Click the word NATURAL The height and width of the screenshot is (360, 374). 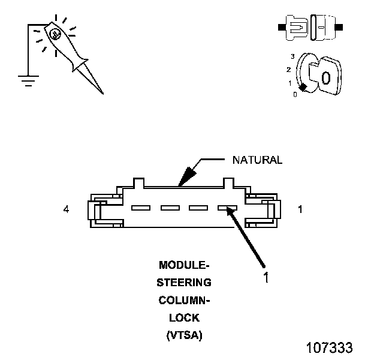[x=257, y=160]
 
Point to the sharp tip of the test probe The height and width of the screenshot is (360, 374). [x=102, y=92]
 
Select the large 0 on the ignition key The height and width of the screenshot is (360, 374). [x=325, y=77]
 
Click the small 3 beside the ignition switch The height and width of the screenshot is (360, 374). [x=292, y=56]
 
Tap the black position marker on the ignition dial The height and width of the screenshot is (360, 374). [x=303, y=88]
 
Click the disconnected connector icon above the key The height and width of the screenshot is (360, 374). [x=310, y=28]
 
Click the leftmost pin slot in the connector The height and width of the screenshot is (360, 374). [x=140, y=208]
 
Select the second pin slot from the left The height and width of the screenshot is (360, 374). [x=170, y=208]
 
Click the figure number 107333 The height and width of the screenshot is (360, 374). [x=329, y=347]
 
